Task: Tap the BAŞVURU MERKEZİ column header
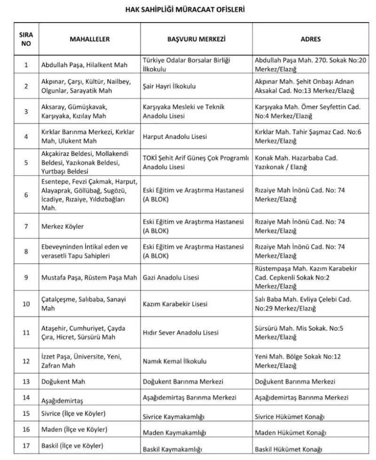point(196,39)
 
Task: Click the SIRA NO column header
point(26,39)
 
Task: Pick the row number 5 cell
point(26,163)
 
